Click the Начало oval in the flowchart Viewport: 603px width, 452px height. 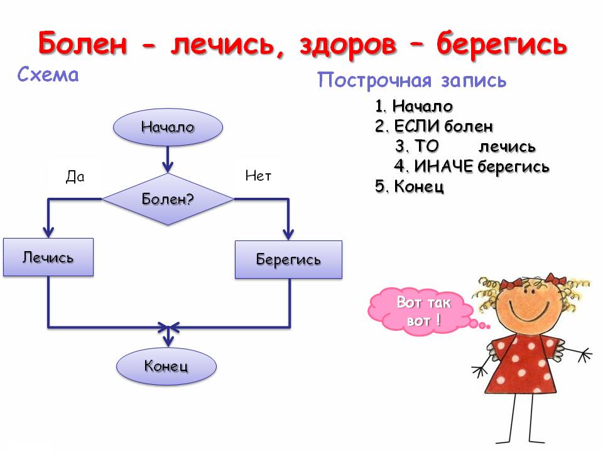[168, 127]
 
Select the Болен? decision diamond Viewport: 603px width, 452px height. [168, 200]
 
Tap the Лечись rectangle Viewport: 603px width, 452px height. [48, 257]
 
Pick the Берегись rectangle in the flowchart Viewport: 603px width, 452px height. [288, 259]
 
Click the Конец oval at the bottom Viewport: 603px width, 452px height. [166, 365]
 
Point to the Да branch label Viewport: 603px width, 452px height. [75, 177]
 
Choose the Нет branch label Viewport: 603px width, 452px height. [258, 176]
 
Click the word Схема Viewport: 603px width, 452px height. [48, 76]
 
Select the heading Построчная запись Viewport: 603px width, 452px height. [411, 80]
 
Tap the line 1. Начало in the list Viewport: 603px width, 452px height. [414, 107]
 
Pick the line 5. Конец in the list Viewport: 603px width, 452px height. [410, 186]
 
